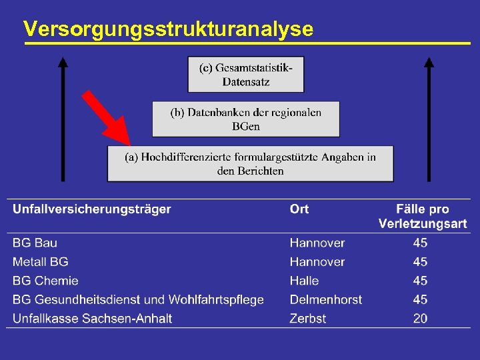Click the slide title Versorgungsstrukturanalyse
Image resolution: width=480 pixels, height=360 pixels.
(167, 29)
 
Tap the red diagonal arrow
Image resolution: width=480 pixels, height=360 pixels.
(107, 119)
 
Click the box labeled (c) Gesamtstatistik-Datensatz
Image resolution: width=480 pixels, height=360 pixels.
(245, 74)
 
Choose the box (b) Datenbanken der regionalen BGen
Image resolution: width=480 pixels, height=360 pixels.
(245, 119)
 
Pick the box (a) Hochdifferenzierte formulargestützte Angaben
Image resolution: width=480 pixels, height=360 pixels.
(250, 163)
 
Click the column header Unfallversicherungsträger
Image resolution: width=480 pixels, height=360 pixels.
(92, 209)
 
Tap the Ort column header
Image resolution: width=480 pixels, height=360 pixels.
(299, 209)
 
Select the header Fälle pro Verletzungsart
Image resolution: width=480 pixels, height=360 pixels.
(423, 216)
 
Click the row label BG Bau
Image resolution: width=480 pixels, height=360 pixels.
(35, 243)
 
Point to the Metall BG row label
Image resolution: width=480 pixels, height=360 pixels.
(40, 262)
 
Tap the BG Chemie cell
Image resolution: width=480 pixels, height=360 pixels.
(45, 281)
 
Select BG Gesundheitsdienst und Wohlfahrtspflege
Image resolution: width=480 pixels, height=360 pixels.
(138, 299)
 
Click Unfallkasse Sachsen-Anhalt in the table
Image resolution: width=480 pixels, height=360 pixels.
(92, 318)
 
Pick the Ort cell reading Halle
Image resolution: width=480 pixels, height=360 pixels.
(304, 281)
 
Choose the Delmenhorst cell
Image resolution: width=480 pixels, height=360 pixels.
(326, 299)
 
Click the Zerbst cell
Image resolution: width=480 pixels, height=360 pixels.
(307, 318)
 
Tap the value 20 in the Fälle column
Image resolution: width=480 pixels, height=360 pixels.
(420, 318)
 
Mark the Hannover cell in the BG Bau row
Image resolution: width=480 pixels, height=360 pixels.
(317, 243)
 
